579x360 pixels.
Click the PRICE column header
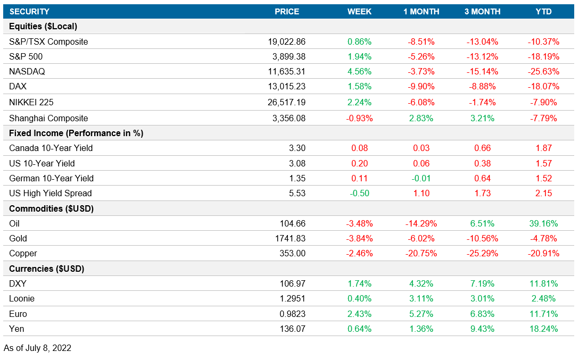[287, 12]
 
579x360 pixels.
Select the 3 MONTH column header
[482, 12]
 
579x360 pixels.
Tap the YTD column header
[543, 12]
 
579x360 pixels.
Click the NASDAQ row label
[26, 71]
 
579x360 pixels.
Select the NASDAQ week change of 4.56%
[359, 71]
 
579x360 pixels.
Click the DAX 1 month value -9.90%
[421, 86]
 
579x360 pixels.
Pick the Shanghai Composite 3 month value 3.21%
[482, 118]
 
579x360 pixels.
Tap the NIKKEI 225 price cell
[287, 102]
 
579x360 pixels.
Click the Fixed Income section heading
[76, 133]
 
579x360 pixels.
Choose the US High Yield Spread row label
[51, 193]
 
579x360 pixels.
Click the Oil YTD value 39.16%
[543, 223]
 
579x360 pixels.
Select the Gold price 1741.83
[290, 238]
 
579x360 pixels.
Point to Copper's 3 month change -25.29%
[482, 253]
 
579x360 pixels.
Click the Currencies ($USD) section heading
[47, 269]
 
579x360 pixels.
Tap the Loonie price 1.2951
[292, 298]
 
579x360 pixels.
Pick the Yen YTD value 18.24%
[543, 329]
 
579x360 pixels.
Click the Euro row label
[18, 314]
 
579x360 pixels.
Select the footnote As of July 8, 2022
[37, 348]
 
